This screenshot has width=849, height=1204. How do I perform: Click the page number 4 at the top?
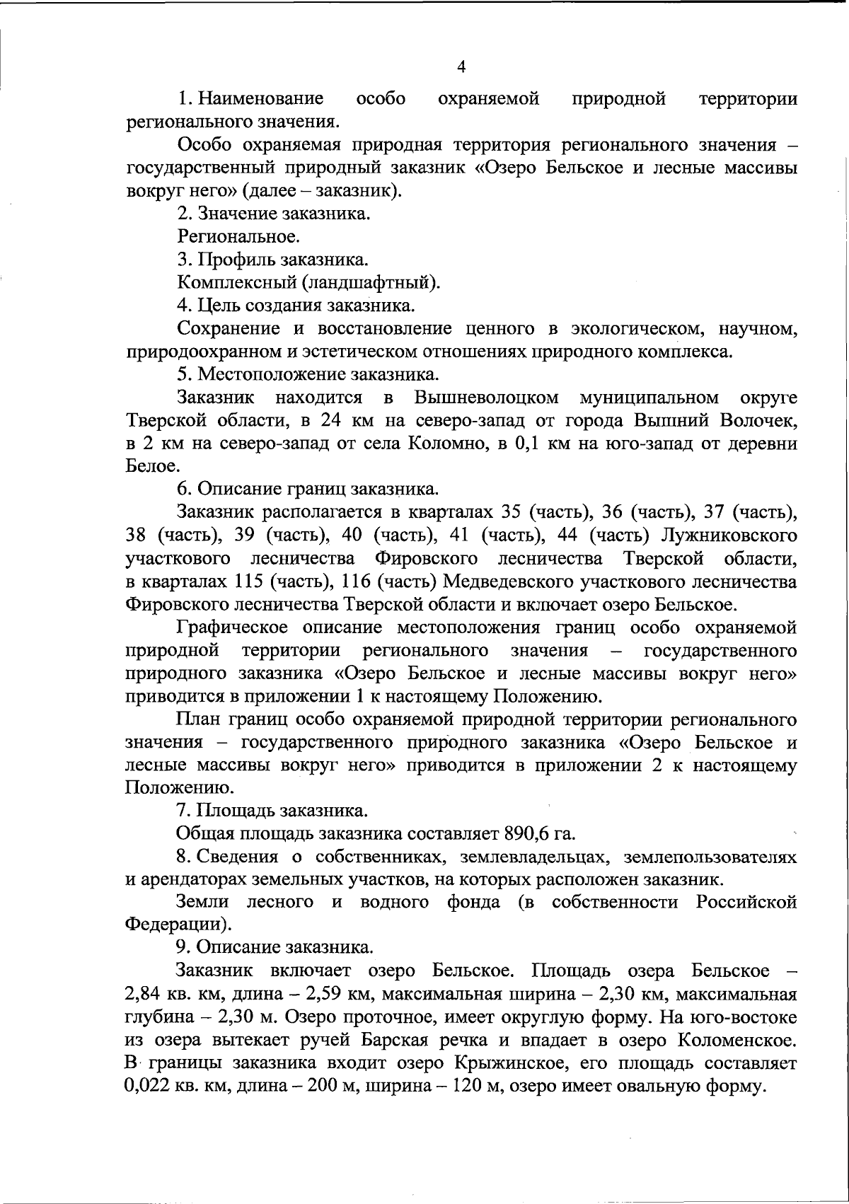(x=462, y=67)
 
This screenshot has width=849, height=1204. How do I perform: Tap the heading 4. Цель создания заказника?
(x=296, y=306)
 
